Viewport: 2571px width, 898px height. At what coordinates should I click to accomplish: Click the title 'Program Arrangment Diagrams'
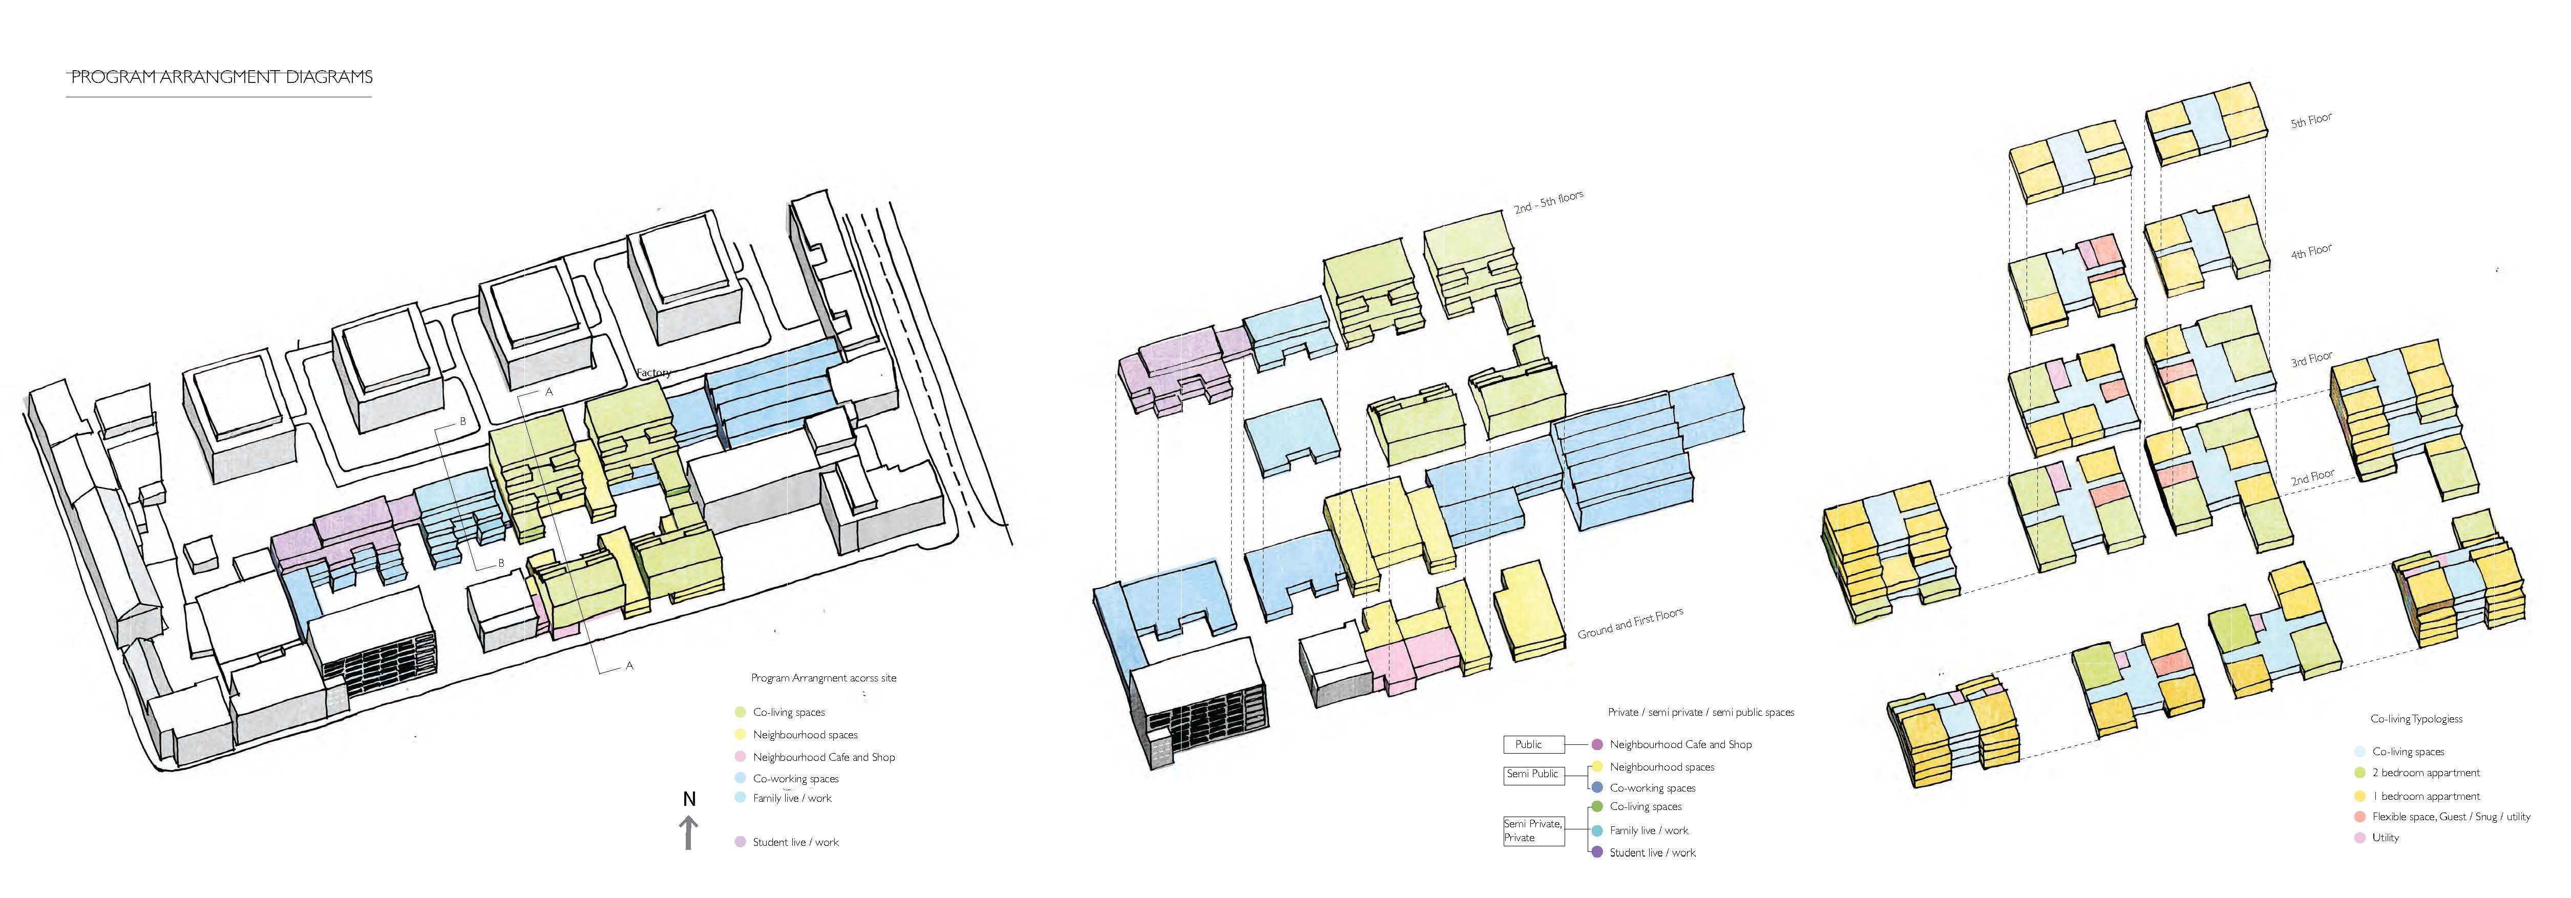point(222,77)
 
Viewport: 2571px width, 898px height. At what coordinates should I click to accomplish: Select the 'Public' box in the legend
point(1528,744)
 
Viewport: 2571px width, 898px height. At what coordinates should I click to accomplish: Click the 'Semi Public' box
point(1532,774)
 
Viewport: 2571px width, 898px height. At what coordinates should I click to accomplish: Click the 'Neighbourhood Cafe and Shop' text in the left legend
point(824,757)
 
